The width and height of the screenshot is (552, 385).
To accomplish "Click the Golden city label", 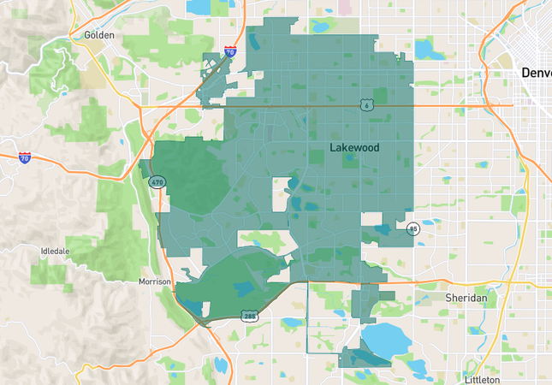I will point(99,35).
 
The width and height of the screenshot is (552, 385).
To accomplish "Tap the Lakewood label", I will point(354,148).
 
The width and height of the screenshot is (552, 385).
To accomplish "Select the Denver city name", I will point(537,74).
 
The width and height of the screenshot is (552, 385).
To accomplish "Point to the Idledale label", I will point(55,251).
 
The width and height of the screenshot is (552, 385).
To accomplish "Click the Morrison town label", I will point(155,281).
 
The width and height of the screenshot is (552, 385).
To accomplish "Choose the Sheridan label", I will point(466,297).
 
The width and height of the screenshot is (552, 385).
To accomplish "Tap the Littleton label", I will point(482,378).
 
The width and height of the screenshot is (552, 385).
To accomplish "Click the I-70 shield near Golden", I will point(230,51).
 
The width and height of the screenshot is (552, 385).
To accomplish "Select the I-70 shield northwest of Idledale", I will point(25,157).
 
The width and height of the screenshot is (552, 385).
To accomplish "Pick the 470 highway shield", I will point(157,182).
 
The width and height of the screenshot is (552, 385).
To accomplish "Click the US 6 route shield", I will point(365,104).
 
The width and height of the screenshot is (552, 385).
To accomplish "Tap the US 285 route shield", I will point(249,317).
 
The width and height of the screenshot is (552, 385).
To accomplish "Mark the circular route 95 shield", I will point(413,228).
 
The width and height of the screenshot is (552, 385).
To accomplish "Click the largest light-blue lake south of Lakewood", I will point(388,336).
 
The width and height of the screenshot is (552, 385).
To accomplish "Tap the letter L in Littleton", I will point(467,378).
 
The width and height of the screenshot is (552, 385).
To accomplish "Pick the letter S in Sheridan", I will point(448,297).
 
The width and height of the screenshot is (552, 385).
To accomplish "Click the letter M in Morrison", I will point(142,281).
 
